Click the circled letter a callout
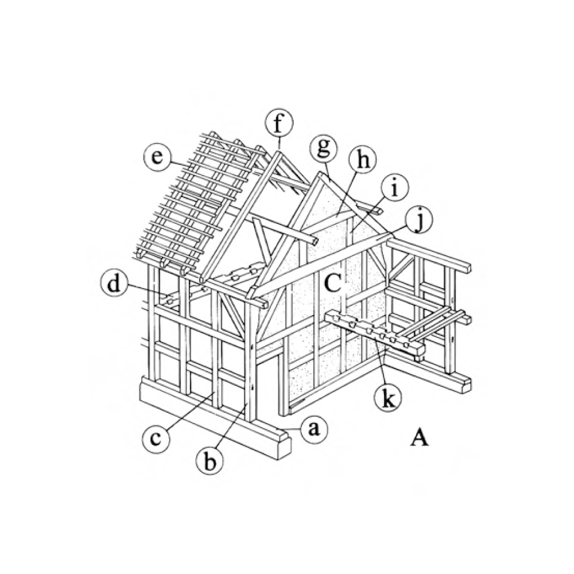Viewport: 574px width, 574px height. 314,429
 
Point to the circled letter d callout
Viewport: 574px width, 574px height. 115,284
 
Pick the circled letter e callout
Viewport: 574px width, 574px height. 157,158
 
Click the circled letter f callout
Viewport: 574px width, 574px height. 280,124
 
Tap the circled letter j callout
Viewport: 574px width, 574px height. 419,220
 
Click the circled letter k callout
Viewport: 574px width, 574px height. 388,398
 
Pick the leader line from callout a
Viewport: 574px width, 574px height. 292,428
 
